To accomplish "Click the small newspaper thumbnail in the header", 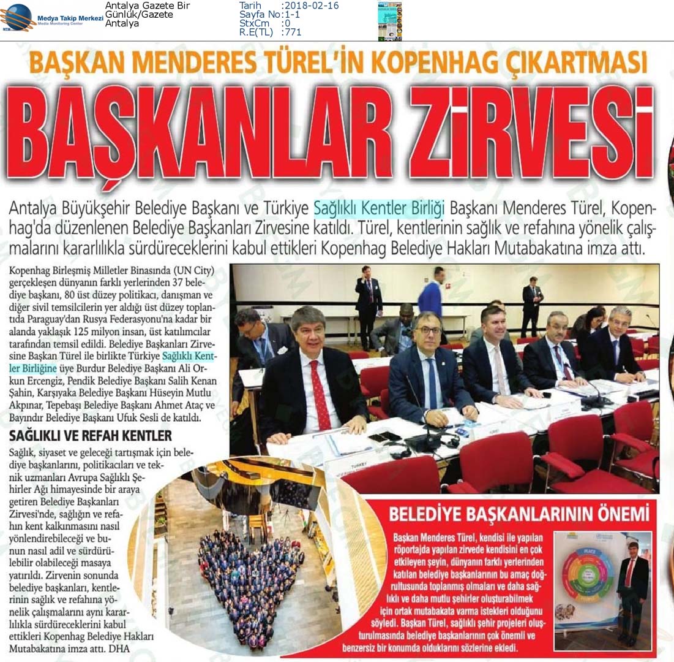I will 390,20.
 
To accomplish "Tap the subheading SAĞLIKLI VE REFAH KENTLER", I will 90,436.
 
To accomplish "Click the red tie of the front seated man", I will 320,395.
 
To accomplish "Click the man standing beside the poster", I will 631,589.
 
